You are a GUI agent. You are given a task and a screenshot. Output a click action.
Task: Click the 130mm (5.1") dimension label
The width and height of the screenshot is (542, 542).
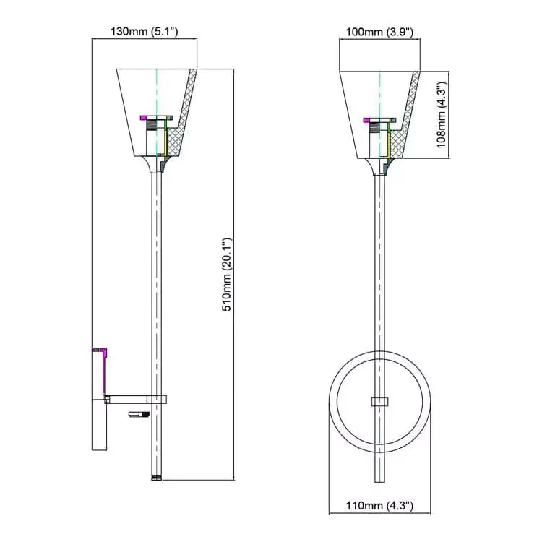tap(144, 32)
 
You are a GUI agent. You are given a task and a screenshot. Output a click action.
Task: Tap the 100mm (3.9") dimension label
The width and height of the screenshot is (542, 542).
tap(379, 32)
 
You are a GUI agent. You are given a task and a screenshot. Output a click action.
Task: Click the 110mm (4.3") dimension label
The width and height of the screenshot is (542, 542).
tap(379, 506)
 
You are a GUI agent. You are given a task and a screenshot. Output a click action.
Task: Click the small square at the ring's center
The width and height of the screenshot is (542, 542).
tap(379, 402)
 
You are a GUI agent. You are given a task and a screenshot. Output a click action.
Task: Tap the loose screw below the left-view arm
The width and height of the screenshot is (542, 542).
tap(138, 414)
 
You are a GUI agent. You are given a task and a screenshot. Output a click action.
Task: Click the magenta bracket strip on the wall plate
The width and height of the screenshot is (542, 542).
tap(103, 374)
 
